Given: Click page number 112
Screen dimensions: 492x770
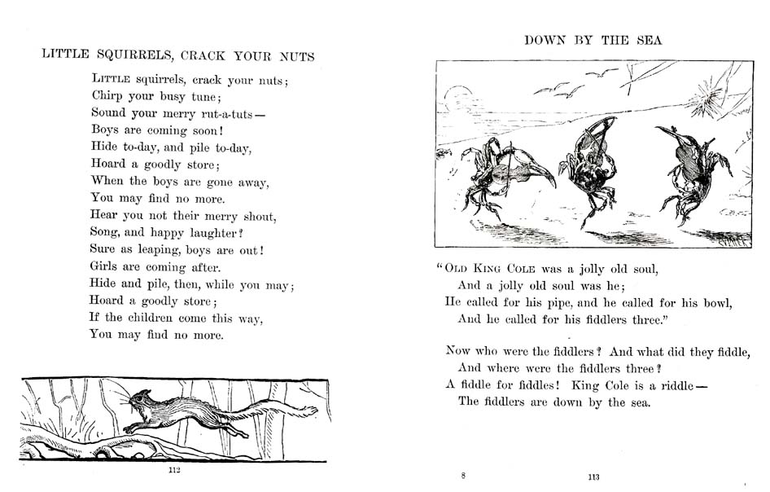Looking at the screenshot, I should point(173,470).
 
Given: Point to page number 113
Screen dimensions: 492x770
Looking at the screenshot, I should point(594,477).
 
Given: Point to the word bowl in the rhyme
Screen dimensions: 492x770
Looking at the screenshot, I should point(717,302).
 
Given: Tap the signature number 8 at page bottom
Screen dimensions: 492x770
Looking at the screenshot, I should point(463,475).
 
